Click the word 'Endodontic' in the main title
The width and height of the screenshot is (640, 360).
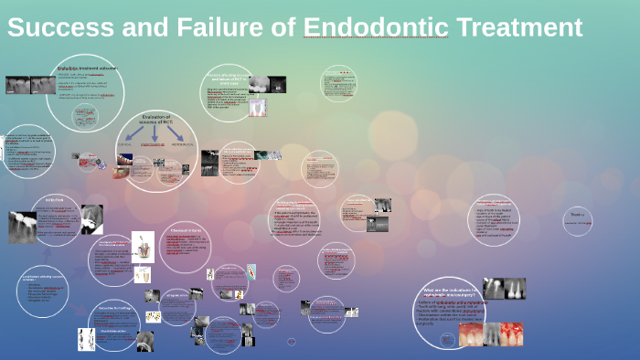click(x=375, y=28)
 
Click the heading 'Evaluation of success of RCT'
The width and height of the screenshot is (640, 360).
click(x=156, y=121)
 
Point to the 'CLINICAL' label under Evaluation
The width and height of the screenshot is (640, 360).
click(x=126, y=143)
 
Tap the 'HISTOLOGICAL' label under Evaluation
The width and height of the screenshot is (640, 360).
click(x=184, y=143)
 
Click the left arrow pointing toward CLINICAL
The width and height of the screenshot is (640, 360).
click(x=135, y=133)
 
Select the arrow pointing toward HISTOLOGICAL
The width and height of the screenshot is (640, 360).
click(x=176, y=133)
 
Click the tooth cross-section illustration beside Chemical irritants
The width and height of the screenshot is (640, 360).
click(x=144, y=247)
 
